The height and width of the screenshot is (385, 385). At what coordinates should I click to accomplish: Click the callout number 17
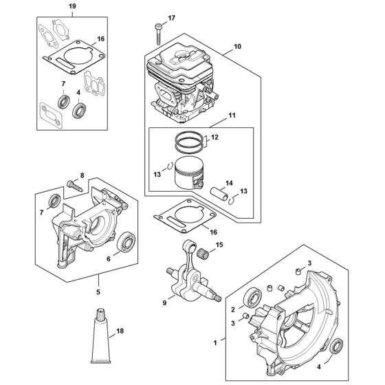[x=172, y=17]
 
